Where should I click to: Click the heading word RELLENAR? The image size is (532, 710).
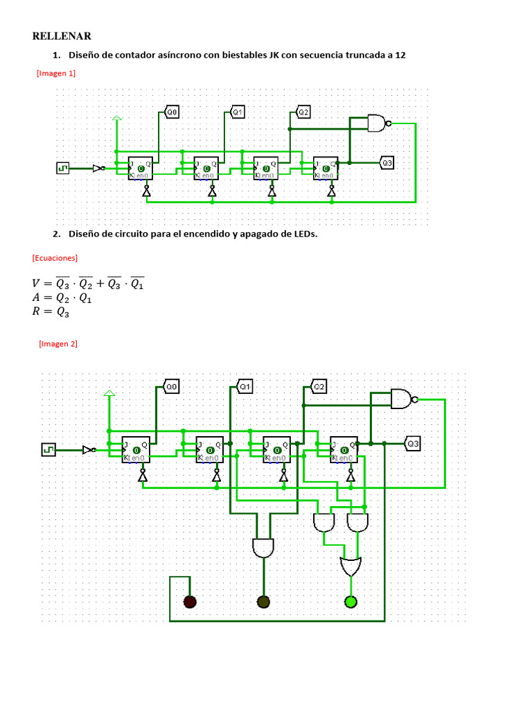tap(62, 36)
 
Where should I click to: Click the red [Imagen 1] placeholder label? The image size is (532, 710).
tap(55, 73)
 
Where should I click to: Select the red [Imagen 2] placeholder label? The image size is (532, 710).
tap(58, 343)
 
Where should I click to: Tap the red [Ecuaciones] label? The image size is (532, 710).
tap(55, 257)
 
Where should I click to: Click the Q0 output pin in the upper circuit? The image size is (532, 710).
tap(172, 111)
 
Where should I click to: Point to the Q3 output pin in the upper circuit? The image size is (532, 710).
tap(387, 163)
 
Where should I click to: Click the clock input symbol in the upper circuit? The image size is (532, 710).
tap(63, 168)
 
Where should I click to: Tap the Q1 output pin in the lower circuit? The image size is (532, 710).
tap(245, 386)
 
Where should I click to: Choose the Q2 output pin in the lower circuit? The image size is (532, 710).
tap(319, 386)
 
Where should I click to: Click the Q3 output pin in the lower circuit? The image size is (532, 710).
tap(413, 443)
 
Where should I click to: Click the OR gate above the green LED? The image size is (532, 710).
tap(351, 566)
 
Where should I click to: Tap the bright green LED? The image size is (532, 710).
tap(351, 601)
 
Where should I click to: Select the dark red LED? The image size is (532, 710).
tap(189, 601)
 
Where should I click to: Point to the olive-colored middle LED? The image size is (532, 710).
tap(263, 601)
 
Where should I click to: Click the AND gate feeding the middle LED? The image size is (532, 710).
tap(263, 547)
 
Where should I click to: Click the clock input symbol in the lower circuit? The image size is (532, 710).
tap(48, 449)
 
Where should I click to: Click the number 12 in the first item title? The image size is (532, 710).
tap(400, 55)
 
